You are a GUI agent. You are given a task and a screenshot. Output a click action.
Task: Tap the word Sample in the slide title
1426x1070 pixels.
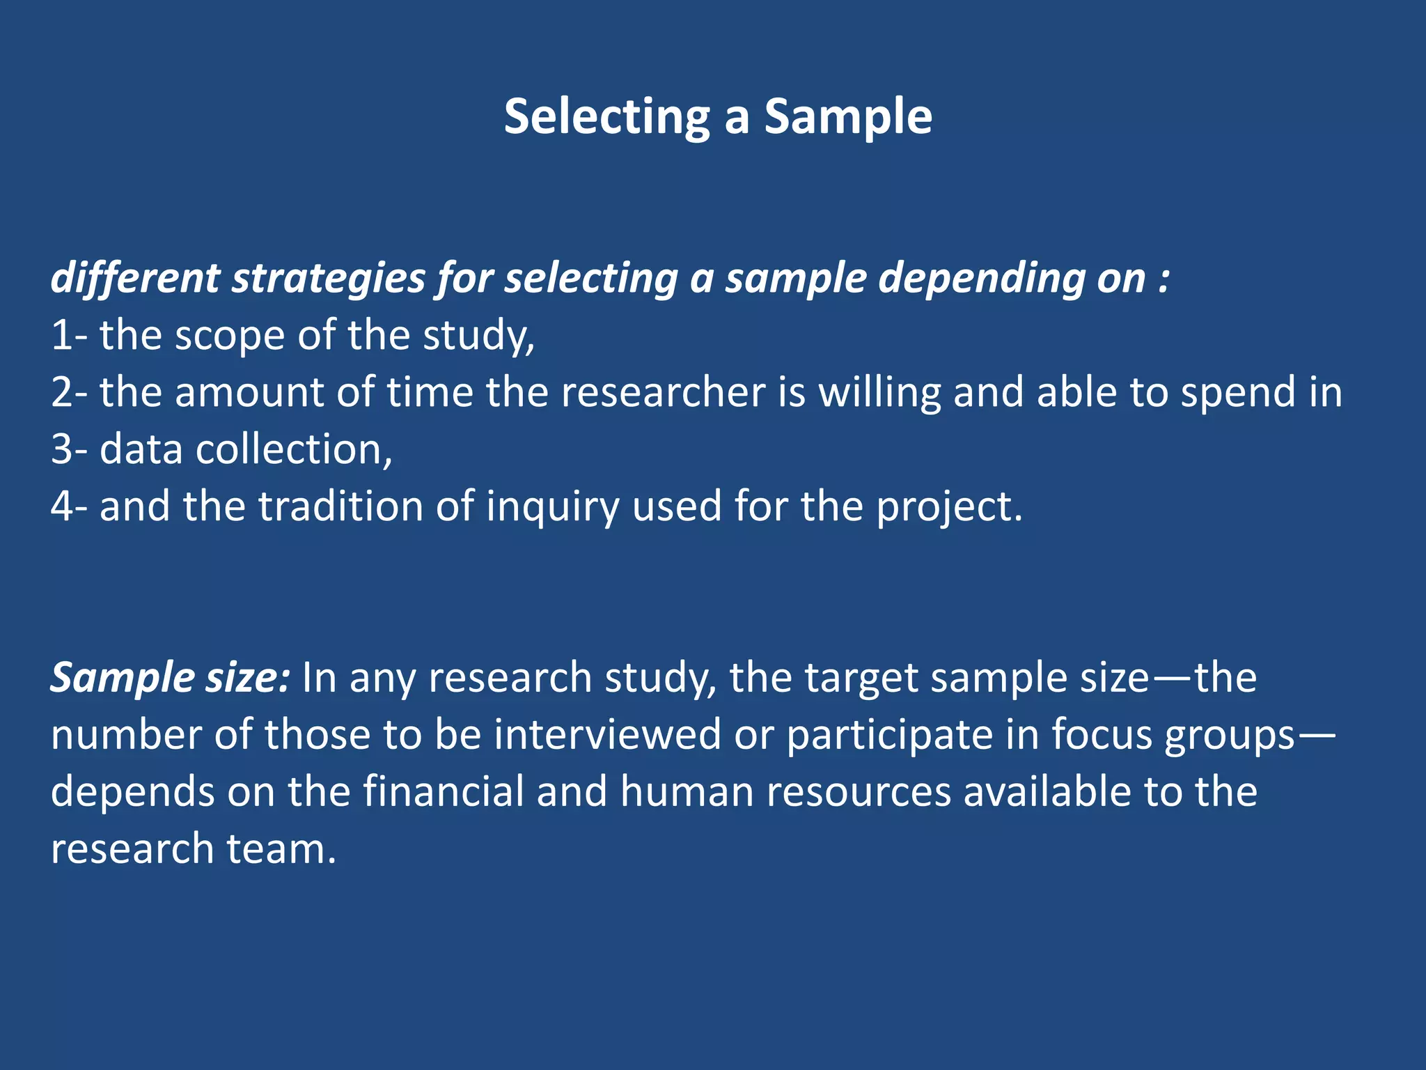pyautogui.click(x=848, y=117)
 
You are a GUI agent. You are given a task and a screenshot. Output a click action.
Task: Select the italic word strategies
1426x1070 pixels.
pyautogui.click(x=328, y=279)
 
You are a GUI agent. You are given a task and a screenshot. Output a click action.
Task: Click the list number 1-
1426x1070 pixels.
pyautogui.click(x=69, y=335)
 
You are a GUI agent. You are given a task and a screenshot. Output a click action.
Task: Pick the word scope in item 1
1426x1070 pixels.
pyautogui.click(x=229, y=336)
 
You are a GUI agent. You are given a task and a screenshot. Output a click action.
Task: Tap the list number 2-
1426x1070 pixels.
pyautogui.click(x=69, y=392)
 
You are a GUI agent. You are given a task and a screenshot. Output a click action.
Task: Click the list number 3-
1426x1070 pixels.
pyautogui.click(x=69, y=449)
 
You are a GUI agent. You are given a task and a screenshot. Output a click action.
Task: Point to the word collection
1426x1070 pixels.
pyautogui.click(x=293, y=449)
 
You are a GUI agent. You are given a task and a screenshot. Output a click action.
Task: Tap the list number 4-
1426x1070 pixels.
pyautogui.click(x=69, y=506)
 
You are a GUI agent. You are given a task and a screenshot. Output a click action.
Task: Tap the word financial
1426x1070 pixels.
pyautogui.click(x=443, y=792)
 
